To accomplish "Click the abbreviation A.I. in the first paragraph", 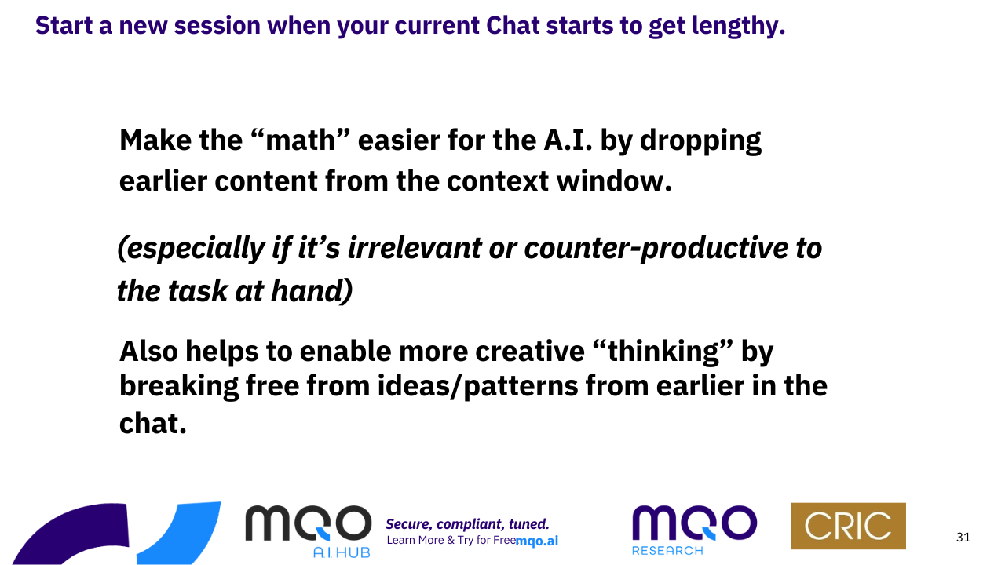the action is [x=568, y=140].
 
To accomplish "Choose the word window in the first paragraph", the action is [x=614, y=181].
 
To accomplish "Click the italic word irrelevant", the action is [x=415, y=247].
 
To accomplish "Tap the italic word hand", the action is [x=312, y=290].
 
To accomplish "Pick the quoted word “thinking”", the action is [x=667, y=352].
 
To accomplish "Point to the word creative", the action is [x=530, y=351].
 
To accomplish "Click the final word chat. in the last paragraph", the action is [x=152, y=423].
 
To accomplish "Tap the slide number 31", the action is [x=963, y=538].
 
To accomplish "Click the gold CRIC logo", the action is [x=848, y=526].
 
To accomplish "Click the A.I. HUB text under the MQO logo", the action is [x=342, y=552].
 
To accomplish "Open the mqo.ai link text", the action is [x=537, y=541].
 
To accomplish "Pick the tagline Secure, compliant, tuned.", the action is [x=467, y=524].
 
